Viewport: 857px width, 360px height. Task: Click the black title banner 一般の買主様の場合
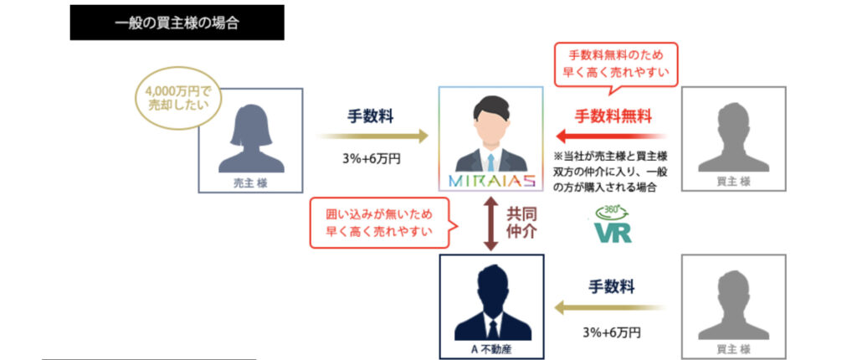point(177,23)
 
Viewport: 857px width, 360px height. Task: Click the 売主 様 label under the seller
point(250,183)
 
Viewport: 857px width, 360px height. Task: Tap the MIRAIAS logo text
point(490,181)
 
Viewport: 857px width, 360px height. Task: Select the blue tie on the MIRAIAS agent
point(490,162)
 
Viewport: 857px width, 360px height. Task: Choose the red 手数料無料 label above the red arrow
point(613,116)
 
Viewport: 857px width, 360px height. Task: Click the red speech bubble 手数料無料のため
point(616,64)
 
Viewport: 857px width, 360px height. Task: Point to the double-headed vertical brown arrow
point(490,224)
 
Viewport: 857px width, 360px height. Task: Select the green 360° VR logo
point(613,224)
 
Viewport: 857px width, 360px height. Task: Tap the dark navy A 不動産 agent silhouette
point(492,302)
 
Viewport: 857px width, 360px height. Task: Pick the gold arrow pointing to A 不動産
point(610,307)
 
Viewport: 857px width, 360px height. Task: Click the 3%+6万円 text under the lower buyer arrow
point(612,332)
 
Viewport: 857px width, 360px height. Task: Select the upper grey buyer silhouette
point(733,138)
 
